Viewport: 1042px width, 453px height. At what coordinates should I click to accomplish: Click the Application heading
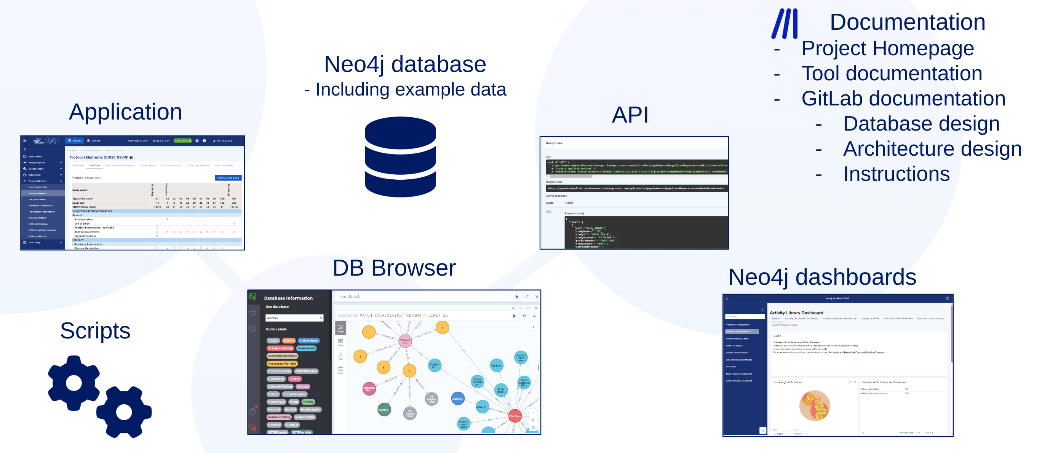coord(125,112)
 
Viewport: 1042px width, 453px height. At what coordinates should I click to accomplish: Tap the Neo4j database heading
coord(405,64)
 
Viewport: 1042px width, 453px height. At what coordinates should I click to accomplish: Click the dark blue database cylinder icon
coord(400,156)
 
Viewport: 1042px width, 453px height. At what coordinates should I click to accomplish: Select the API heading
coord(630,115)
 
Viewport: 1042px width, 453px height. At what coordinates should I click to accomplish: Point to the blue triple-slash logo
coord(785,24)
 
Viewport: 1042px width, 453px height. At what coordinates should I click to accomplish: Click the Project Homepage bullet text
coord(887,49)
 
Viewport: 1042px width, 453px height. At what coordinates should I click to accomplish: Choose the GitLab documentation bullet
coord(903,99)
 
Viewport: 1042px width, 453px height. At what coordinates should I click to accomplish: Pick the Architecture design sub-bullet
coord(932,149)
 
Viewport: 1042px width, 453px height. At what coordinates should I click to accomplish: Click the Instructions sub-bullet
coord(896,174)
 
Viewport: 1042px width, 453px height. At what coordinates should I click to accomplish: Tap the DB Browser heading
coord(394,268)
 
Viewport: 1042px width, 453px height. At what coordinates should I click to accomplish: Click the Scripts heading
coord(95,330)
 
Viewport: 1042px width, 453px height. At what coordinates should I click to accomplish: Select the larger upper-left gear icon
coord(74,383)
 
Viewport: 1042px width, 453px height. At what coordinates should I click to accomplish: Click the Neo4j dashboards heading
coord(822,277)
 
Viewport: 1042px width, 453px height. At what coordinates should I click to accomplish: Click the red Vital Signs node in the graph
coord(515,416)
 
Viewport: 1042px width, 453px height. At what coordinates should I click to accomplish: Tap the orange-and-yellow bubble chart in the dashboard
coord(815,406)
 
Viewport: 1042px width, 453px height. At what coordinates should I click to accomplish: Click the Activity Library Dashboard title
coord(796,313)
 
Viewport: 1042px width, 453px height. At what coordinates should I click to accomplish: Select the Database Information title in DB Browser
coord(288,298)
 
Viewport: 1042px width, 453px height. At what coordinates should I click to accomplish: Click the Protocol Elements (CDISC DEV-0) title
coord(99,157)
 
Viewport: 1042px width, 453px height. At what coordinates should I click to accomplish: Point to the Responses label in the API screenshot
coord(554,143)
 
